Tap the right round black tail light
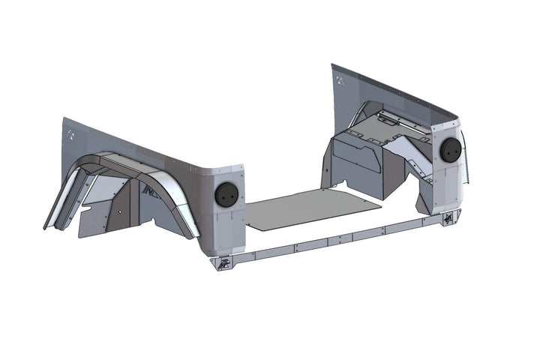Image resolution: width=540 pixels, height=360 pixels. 449,150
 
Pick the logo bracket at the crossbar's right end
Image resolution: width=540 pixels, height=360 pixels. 448,220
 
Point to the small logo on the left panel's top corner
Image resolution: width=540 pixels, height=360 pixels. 70,135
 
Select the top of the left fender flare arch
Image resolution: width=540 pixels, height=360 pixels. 120,160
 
